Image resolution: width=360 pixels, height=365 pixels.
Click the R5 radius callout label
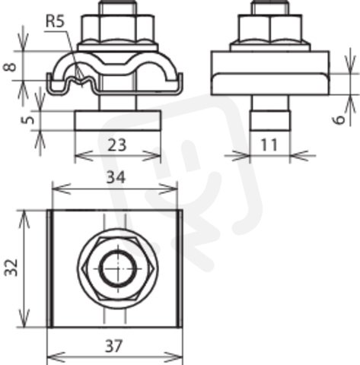point(55,21)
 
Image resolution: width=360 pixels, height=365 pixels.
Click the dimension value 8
point(10,67)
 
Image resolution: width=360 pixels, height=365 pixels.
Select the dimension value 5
point(30,119)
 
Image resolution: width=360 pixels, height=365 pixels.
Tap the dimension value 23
point(116,145)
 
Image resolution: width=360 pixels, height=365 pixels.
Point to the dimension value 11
point(269,144)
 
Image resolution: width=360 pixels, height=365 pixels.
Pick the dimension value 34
point(116,177)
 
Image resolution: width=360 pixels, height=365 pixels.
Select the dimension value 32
point(11,267)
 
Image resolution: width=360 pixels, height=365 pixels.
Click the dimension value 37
point(114,345)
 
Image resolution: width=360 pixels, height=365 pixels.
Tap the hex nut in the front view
point(118,28)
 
